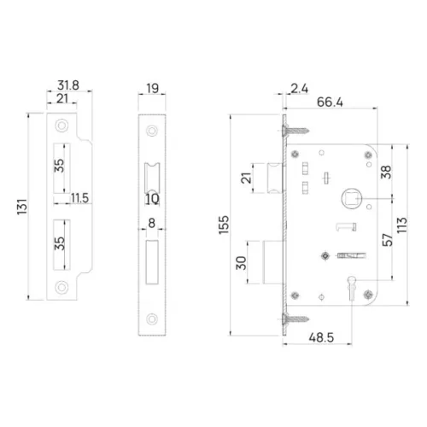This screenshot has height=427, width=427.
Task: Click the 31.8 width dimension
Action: click(68, 85)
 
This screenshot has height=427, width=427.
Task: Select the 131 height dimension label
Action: click(22, 207)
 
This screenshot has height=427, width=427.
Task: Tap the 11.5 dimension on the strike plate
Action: click(79, 198)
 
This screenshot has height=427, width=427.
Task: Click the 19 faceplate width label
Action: click(152, 88)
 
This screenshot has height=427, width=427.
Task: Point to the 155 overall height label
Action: click(224, 225)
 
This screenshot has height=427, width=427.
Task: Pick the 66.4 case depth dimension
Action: click(330, 102)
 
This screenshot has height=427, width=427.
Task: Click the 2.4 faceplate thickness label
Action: click(300, 89)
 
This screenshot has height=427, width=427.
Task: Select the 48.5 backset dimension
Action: click(321, 337)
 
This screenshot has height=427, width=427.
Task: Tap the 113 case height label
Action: click(402, 225)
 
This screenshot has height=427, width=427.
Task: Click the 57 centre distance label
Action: click(387, 240)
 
